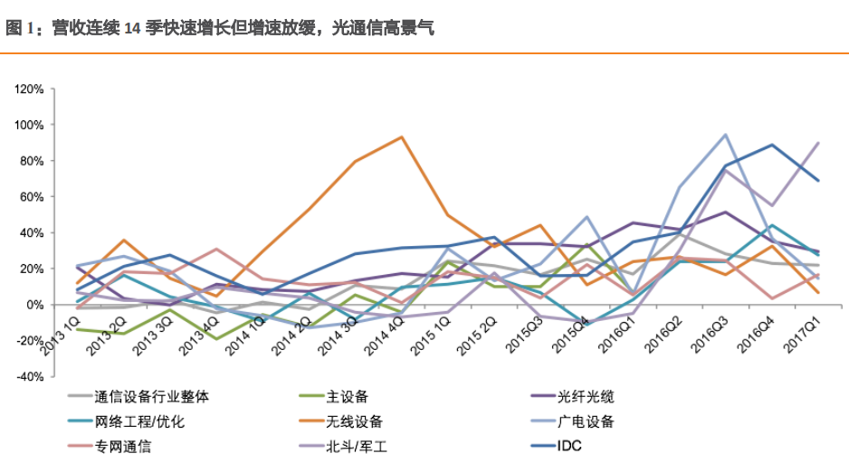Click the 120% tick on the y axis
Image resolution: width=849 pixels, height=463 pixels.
pyautogui.click(x=29, y=89)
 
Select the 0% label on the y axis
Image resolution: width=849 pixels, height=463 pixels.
pyautogui.click(x=34, y=305)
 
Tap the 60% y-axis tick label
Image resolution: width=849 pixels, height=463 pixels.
pyautogui.click(x=32, y=196)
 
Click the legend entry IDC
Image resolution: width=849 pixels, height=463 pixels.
pyautogui.click(x=569, y=447)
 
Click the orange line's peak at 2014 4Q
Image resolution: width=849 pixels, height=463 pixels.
pyautogui.click(x=401, y=137)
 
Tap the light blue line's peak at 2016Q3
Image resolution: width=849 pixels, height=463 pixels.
pyautogui.click(x=726, y=135)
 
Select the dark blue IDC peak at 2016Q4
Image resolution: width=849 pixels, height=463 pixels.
pyautogui.click(x=772, y=145)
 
